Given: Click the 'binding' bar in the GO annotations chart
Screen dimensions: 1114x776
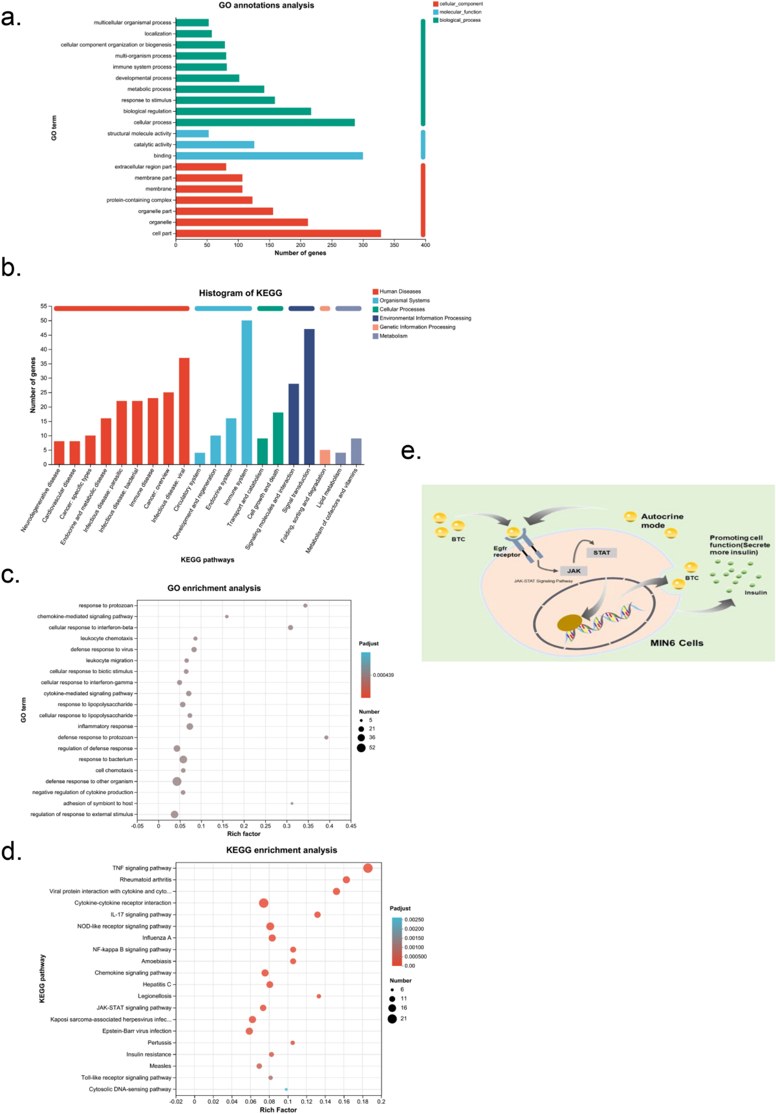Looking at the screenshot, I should (269, 156).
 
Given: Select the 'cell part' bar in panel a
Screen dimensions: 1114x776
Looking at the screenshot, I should (278, 233).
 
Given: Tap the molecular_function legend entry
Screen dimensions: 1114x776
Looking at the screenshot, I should (460, 12).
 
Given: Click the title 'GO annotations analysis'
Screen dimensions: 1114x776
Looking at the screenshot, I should (266, 5).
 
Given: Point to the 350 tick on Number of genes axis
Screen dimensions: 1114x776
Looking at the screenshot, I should (394, 245).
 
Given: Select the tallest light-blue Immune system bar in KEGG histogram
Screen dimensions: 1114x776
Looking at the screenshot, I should (247, 392).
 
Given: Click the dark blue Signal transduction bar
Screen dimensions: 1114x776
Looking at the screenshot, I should (309, 396).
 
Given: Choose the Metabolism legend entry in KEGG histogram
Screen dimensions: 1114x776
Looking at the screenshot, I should (393, 336).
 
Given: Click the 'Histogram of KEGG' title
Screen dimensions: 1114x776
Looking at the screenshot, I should (241, 293).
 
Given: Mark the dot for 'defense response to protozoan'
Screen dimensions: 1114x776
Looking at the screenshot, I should (326, 737).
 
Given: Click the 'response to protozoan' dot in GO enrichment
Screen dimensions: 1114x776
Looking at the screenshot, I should (305, 605).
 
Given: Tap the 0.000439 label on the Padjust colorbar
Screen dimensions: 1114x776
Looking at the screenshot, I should (383, 675).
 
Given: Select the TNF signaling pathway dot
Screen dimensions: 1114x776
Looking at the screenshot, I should (368, 868).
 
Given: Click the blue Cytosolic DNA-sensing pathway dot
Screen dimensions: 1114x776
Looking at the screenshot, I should (286, 1089).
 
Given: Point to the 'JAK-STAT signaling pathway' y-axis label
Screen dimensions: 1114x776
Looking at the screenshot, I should (134, 1007).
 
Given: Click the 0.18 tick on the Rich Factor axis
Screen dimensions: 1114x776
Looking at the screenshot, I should (363, 1102).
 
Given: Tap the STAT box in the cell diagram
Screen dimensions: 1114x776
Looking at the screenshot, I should (601, 552).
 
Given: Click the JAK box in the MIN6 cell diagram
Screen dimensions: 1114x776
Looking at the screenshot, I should (574, 570).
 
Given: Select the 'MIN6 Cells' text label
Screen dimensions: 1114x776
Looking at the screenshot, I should (676, 643).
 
